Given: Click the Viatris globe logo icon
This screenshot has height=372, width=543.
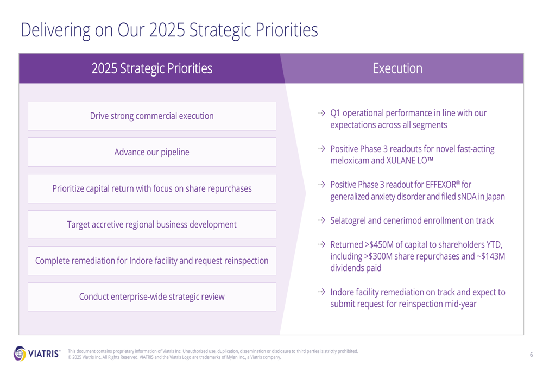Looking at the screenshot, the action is tap(20, 354).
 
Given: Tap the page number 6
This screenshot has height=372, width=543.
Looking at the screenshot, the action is tap(531, 354).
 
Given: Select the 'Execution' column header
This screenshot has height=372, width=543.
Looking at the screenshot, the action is tap(397, 68).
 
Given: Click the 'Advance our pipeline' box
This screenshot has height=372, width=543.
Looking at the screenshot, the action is tap(151, 152).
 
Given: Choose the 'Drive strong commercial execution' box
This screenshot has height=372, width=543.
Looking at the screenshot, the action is tap(151, 116).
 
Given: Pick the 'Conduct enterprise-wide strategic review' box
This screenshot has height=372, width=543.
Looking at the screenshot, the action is tap(151, 297).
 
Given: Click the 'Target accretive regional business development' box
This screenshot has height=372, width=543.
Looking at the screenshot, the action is tap(151, 224).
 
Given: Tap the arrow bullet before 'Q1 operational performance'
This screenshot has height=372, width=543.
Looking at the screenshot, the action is tap(321, 113).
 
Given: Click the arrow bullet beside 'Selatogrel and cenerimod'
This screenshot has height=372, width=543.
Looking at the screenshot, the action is tap(321, 220).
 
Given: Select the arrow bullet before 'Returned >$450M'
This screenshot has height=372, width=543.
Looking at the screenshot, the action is tap(321, 244).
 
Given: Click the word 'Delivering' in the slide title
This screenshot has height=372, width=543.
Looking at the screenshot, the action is tap(55, 30).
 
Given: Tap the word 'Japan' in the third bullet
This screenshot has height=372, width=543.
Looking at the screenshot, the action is tap(495, 197).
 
